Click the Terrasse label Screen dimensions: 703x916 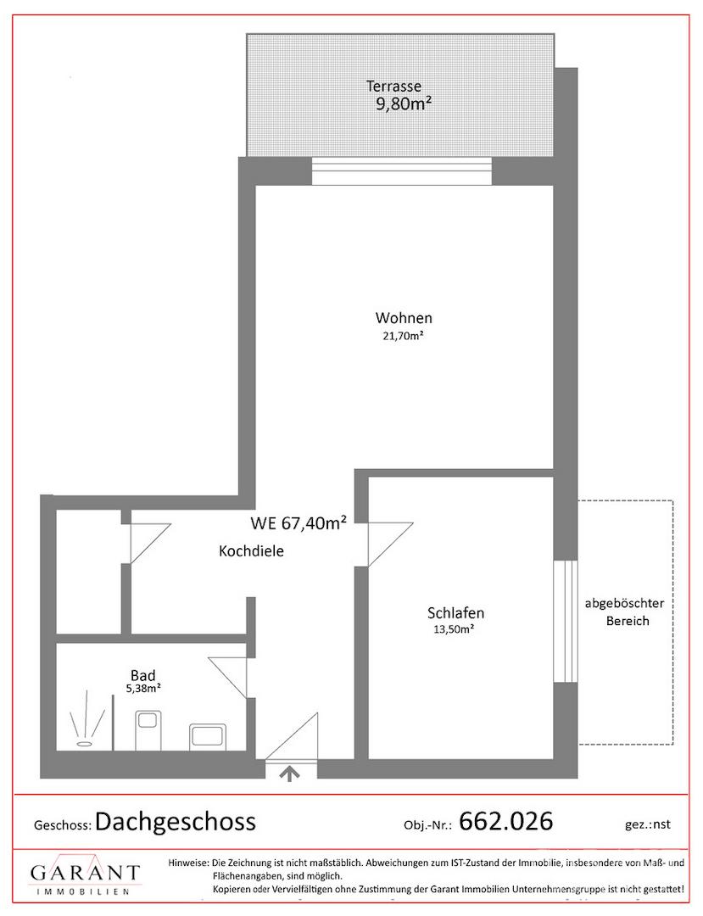point(393,86)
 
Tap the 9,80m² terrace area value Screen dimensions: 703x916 point(404,104)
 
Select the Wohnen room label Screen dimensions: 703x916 point(404,318)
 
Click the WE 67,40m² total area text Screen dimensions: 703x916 point(298,522)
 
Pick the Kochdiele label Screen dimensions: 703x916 point(251,550)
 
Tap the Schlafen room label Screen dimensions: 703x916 point(455,613)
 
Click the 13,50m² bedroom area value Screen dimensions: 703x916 point(453,629)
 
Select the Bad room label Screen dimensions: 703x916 point(143,675)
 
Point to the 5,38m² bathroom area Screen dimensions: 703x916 point(143,688)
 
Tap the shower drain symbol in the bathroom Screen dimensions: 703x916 point(86,744)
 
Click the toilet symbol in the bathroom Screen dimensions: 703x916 point(148,730)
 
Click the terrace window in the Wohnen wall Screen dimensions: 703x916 point(402,171)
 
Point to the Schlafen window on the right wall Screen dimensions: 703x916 point(566,621)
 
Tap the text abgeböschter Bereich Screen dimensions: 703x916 point(626,612)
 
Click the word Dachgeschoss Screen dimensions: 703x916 point(176,821)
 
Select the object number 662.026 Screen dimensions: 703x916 point(505,821)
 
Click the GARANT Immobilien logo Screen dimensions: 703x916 point(86,874)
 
